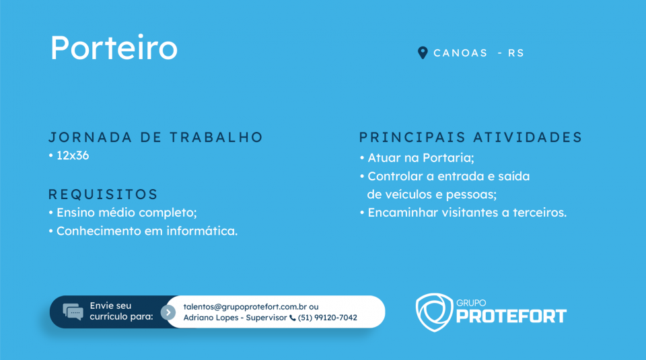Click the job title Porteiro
point(114,47)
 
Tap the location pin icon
point(423,52)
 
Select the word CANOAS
point(460,53)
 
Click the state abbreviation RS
point(516,53)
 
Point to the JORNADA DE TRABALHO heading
point(155,137)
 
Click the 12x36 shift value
point(73,155)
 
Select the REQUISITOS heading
point(103,194)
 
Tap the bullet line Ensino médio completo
point(122,213)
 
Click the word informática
point(202,231)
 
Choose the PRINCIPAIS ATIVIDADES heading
point(470,137)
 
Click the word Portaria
point(448,157)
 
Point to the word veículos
point(412,194)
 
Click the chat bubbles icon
point(73,312)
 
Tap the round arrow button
point(168,313)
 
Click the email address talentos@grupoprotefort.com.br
point(245,307)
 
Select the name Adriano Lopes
point(211,318)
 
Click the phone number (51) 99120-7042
point(328,318)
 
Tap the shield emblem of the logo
point(434,312)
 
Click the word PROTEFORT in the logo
point(511,316)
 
